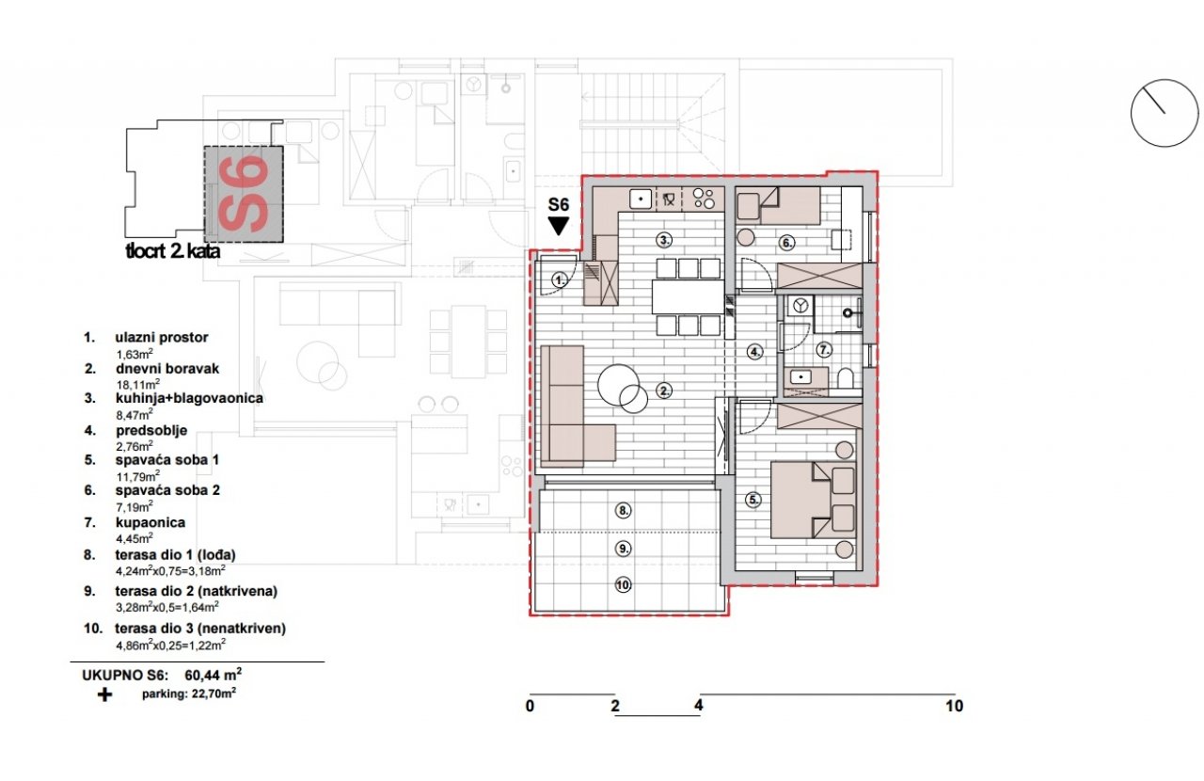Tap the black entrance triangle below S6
pyautogui.click(x=559, y=226)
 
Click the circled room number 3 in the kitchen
pyautogui.click(x=665, y=240)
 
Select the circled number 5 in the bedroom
pyautogui.click(x=753, y=501)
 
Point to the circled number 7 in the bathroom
pyautogui.click(x=824, y=350)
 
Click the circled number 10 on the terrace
pyautogui.click(x=623, y=584)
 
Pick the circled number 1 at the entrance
pyautogui.click(x=560, y=279)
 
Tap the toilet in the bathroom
pyautogui.click(x=846, y=377)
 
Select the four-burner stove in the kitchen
pyautogui.click(x=705, y=198)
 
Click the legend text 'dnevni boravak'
pyautogui.click(x=167, y=369)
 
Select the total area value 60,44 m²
pyautogui.click(x=214, y=674)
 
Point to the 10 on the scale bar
pyautogui.click(x=955, y=706)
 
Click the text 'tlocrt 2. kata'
pyautogui.click(x=172, y=251)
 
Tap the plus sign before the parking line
pyautogui.click(x=104, y=694)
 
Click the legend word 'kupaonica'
pyautogui.click(x=150, y=523)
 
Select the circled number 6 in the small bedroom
pyautogui.click(x=787, y=243)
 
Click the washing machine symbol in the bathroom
pyautogui.click(x=800, y=306)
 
